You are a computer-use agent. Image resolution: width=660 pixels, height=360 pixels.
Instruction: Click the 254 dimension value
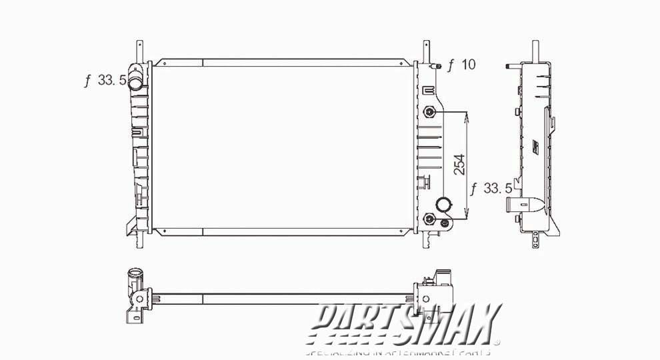459,165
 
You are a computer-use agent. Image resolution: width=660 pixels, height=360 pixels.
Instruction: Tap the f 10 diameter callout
461,65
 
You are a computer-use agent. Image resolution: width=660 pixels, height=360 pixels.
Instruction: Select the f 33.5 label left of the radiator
105,81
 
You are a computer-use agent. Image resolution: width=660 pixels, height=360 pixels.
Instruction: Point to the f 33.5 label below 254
490,189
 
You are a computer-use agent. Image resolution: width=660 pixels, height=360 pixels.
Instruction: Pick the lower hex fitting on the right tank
430,220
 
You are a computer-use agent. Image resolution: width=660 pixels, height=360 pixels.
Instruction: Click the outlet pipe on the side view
515,205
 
